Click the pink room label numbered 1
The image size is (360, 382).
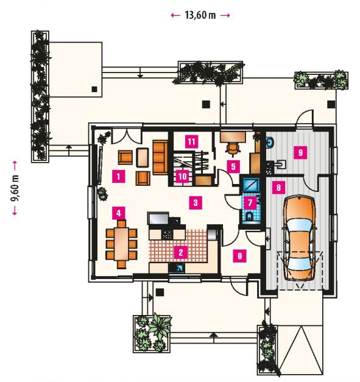pos(119,176)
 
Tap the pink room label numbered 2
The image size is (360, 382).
pos(181,252)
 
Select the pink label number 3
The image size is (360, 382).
pos(196,202)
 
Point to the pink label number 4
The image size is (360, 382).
pos(119,213)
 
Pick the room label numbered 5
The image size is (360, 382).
pos(233,167)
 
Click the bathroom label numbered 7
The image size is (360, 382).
pos(250,202)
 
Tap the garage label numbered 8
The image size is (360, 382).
pos(278,188)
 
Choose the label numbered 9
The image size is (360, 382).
pos(300,152)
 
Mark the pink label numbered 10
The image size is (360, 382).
pos(183,176)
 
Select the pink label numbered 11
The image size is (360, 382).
pos(191,141)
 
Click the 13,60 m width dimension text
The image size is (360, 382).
pos(200,15)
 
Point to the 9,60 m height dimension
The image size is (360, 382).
pos(15,188)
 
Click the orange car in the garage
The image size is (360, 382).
pos(299,238)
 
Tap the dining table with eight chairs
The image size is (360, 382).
pos(122,244)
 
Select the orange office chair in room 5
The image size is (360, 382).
pos(232,149)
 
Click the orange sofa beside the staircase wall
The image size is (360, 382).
pos(160,157)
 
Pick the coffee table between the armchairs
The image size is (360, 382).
pos(143,157)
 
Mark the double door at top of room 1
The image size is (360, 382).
pos(127,137)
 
